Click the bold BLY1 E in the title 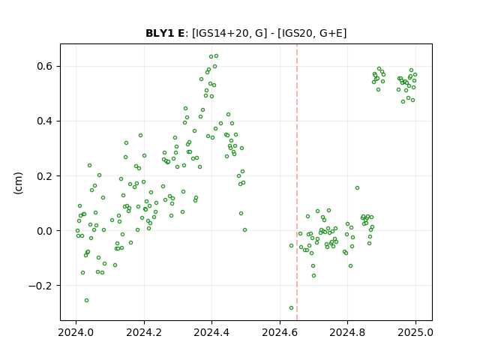pyautogui.click(x=165, y=33)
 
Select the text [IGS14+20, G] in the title pyautogui.click(x=227, y=33)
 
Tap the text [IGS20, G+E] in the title pyautogui.click(x=312, y=33)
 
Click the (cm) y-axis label pyautogui.click(x=18, y=183)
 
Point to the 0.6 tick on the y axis pyautogui.click(x=44, y=66)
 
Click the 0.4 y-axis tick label pyautogui.click(x=44, y=121)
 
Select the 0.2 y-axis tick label pyautogui.click(x=44, y=175)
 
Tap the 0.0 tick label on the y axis pyautogui.click(x=44, y=231)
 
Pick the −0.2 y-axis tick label pyautogui.click(x=40, y=286)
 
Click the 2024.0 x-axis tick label pyautogui.click(x=76, y=332)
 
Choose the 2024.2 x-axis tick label pyautogui.click(x=144, y=332)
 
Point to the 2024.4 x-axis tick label pyautogui.click(x=211, y=332)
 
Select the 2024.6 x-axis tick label pyautogui.click(x=280, y=332)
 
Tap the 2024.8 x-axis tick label pyautogui.click(x=347, y=332)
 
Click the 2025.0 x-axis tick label pyautogui.click(x=415, y=332)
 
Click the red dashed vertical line pyautogui.click(x=297, y=182)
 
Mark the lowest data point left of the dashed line pyautogui.click(x=291, y=307)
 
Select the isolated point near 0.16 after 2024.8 pyautogui.click(x=357, y=187)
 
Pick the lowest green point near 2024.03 pyautogui.click(x=87, y=300)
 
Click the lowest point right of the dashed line pyautogui.click(x=313, y=275)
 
